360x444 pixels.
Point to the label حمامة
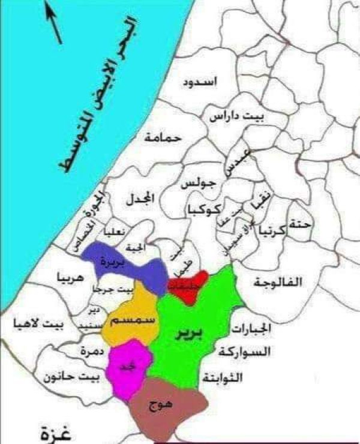pyautogui.click(x=162, y=137)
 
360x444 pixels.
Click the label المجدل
pyautogui.click(x=142, y=198)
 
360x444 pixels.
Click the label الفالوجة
pyautogui.click(x=278, y=282)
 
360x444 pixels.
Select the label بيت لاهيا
pyautogui.click(x=38, y=325)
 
